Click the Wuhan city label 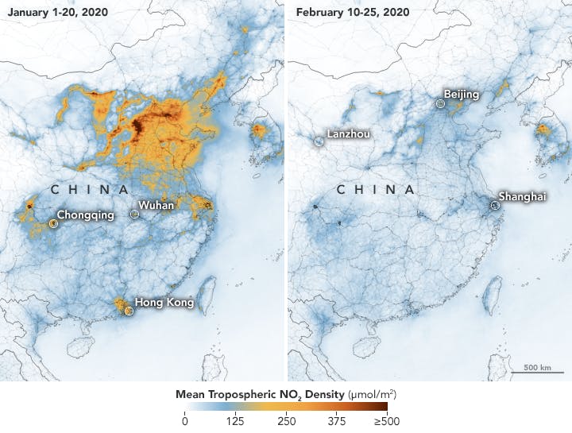click(157, 206)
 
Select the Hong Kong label click(164, 303)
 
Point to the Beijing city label click(462, 95)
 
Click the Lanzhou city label click(347, 135)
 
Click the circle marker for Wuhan click(133, 215)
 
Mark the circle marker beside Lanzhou click(318, 141)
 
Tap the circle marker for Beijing click(440, 102)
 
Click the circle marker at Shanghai click(493, 205)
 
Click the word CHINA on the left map click(89, 190)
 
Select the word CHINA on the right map click(375, 190)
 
